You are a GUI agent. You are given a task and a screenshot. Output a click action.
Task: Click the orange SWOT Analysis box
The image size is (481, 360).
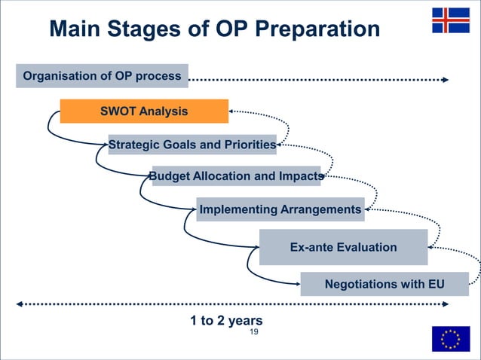coord(144,111)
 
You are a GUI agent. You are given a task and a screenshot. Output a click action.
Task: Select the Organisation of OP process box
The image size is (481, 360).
coord(102,76)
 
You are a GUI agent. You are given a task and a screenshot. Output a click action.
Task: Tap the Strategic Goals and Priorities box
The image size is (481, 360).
coord(191,145)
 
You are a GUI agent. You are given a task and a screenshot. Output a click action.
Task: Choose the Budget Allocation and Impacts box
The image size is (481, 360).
coord(236,176)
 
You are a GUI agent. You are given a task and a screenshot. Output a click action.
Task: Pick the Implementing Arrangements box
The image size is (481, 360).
coord(280,209)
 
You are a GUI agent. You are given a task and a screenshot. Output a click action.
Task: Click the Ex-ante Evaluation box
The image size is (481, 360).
coord(343,247)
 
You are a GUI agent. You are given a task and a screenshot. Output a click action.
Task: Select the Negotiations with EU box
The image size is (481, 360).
coord(384,284)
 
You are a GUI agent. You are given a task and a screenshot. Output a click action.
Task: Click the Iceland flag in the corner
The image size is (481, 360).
coord(450,20)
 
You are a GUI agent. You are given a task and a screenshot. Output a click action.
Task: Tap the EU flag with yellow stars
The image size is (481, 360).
coord(450,339)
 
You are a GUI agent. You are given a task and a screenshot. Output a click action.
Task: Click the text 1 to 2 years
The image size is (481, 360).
coord(226,321)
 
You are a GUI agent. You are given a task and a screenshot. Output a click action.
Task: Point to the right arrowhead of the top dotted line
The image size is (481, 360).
coord(446,79)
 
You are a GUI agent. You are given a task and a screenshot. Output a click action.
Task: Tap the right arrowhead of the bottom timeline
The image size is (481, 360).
coord(446,305)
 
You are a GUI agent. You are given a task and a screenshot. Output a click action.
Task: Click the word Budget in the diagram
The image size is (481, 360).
coord(169,176)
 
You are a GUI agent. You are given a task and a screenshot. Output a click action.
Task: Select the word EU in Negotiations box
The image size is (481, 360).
coord(435,284)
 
